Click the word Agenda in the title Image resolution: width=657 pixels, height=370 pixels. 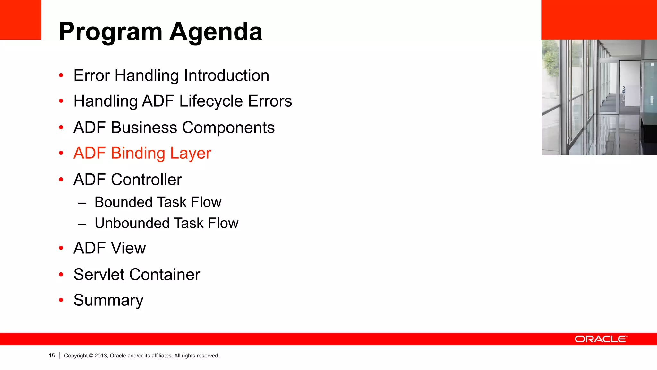click(x=216, y=32)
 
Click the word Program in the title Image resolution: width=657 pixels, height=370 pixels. click(x=111, y=32)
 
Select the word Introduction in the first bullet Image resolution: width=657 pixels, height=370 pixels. click(x=226, y=76)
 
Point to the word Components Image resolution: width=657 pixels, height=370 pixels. click(x=228, y=128)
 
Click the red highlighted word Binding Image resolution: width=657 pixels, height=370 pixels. click(x=138, y=154)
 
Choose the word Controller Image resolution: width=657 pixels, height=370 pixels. click(x=146, y=180)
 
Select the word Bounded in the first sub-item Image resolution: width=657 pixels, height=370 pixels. click(x=124, y=202)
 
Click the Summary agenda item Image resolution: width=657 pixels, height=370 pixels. click(x=108, y=301)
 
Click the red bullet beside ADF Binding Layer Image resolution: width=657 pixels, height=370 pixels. click(x=61, y=153)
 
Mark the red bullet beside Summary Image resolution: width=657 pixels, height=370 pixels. click(x=61, y=300)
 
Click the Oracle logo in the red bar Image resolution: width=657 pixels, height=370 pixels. click(x=601, y=339)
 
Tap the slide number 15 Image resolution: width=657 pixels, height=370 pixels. click(x=52, y=356)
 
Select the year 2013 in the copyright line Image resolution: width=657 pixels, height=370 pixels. click(x=100, y=356)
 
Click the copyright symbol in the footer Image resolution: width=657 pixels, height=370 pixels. click(x=91, y=356)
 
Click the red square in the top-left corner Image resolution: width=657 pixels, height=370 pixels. click(x=21, y=20)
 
